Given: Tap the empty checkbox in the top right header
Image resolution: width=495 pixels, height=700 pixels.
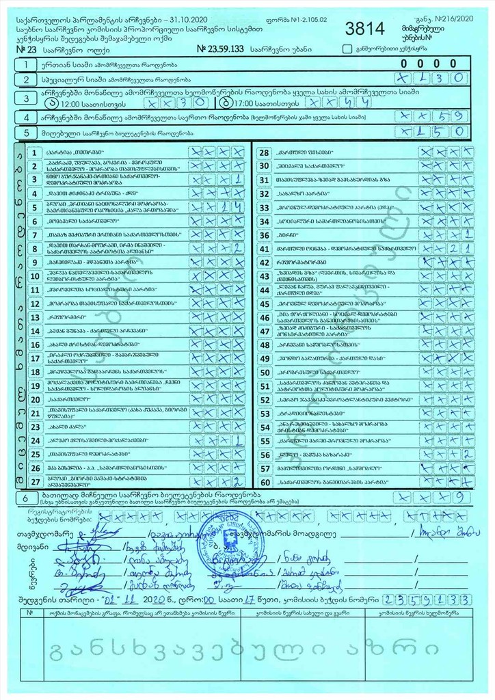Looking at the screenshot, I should click(x=347, y=49).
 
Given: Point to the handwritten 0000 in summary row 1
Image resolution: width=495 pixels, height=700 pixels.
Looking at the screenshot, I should click(x=433, y=64).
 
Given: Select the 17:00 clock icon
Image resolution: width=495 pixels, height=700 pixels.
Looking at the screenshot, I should click(x=227, y=104).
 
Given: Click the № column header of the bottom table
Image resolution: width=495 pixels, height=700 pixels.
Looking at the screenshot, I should click(x=29, y=613).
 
